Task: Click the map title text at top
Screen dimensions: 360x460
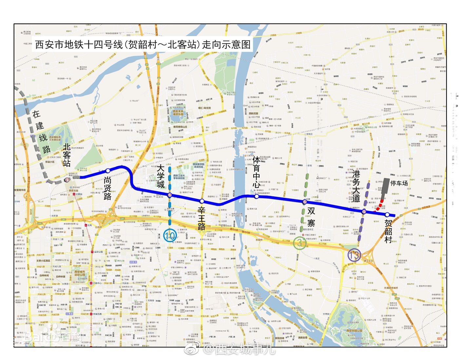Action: coord(143,45)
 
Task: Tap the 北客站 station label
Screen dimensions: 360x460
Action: coord(67,155)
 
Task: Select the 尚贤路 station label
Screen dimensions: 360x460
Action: coord(107,188)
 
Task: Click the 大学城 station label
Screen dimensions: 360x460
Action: coord(161,176)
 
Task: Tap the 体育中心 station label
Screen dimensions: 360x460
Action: coord(257,171)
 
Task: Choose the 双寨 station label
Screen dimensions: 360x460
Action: coord(311,217)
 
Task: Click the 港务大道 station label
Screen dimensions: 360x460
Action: coord(356,186)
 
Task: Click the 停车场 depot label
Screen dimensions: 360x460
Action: coord(399,183)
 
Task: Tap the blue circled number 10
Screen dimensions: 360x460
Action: coord(170,236)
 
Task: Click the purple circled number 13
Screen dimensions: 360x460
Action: coord(354,255)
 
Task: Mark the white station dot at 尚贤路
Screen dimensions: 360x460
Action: coord(108,170)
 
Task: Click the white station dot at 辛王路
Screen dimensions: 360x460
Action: coord(202,201)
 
